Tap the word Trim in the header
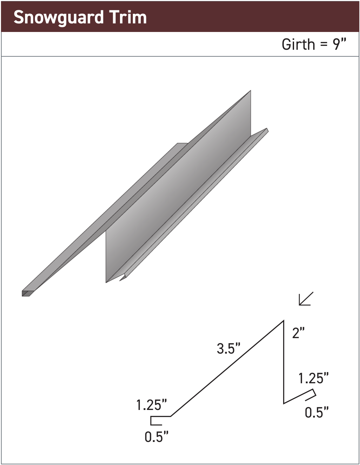pyautogui.click(x=128, y=17)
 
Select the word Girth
pyautogui.click(x=298, y=44)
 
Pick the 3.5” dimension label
pyautogui.click(x=228, y=348)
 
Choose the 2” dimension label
pyautogui.click(x=298, y=333)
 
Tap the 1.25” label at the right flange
pyautogui.click(x=313, y=378)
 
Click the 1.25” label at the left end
pyautogui.click(x=151, y=405)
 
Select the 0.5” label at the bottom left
pyautogui.click(x=157, y=437)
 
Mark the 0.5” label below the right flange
pyautogui.click(x=317, y=413)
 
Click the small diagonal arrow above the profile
pyautogui.click(x=305, y=299)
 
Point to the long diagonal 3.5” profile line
pyautogui.click(x=227, y=368)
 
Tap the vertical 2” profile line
pyautogui.click(x=284, y=363)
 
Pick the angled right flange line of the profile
pyautogui.click(x=298, y=396)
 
